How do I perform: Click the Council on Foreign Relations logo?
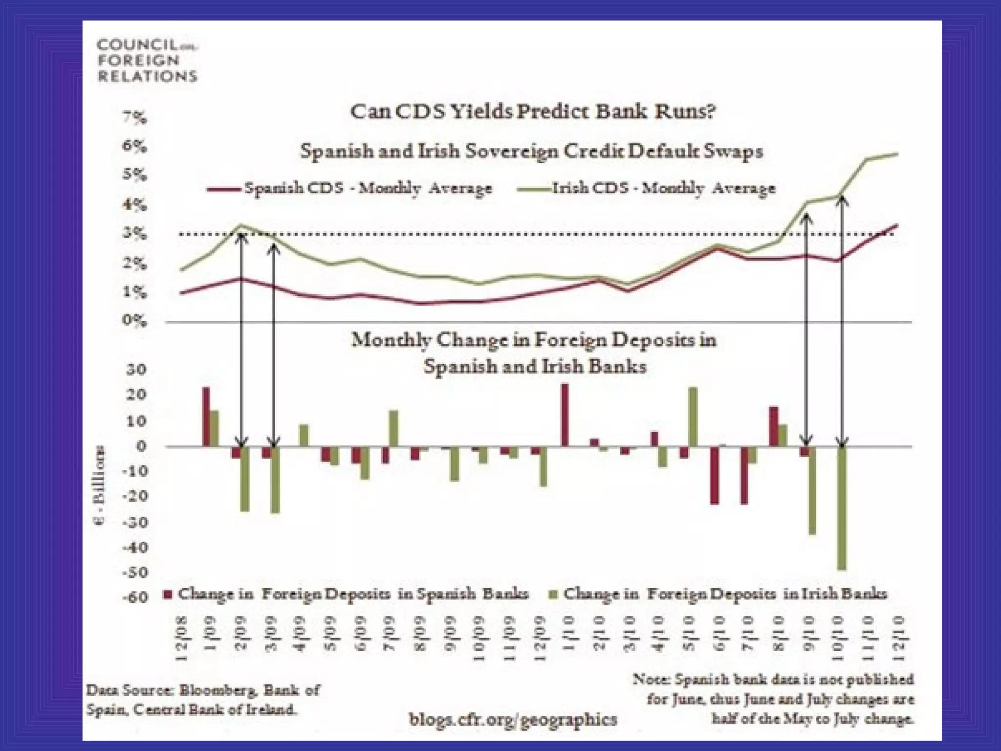pyautogui.click(x=147, y=61)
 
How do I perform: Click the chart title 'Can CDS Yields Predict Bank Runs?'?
pyautogui.click(x=533, y=112)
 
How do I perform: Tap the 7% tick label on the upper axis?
pyautogui.click(x=134, y=118)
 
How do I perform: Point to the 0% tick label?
pyautogui.click(x=134, y=321)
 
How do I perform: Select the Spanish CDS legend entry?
pyautogui.click(x=350, y=189)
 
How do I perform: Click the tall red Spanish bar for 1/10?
pyautogui.click(x=565, y=415)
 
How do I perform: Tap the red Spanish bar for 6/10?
pyautogui.click(x=715, y=475)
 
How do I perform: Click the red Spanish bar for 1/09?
pyautogui.click(x=206, y=417)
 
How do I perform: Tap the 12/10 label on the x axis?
pyautogui.click(x=897, y=640)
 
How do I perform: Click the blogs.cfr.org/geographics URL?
pyautogui.click(x=513, y=719)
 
